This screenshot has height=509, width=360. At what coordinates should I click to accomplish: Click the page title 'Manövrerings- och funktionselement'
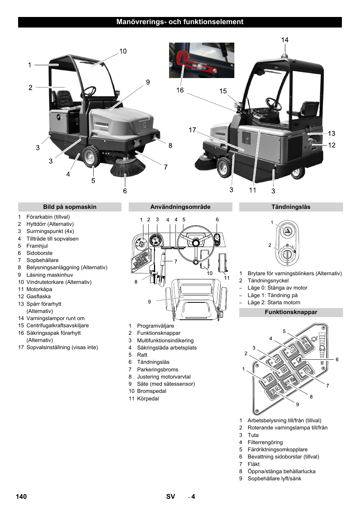tap(180, 22)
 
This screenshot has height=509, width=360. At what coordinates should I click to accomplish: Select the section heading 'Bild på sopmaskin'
tap(69, 207)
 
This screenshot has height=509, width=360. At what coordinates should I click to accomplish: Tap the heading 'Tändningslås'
tap(291, 207)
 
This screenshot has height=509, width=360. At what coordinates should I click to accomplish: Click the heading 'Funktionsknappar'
tap(291, 312)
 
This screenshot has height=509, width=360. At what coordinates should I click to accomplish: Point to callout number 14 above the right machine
tap(285, 40)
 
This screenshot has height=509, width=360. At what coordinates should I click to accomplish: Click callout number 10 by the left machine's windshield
tap(123, 51)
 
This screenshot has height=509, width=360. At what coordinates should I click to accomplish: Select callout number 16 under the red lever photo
tap(180, 90)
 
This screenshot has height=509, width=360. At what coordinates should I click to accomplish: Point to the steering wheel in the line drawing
tap(195, 243)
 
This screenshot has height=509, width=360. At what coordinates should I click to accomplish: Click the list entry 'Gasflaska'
tap(38, 296)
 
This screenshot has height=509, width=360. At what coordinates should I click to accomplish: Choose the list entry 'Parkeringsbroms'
tap(157, 369)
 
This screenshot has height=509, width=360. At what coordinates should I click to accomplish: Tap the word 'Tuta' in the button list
tap(253, 435)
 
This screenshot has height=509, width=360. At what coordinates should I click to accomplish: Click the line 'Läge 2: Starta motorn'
tap(274, 302)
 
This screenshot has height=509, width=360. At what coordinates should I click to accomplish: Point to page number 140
tap(21, 497)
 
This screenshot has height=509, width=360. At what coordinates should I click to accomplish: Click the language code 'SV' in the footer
tap(171, 497)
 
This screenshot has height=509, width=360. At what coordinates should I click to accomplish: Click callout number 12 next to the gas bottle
tap(331, 145)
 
